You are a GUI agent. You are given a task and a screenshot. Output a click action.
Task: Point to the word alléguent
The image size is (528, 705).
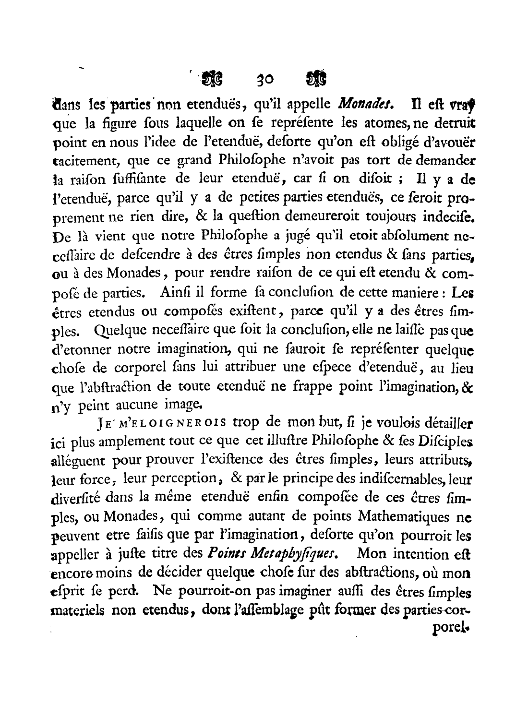(x=78, y=460)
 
